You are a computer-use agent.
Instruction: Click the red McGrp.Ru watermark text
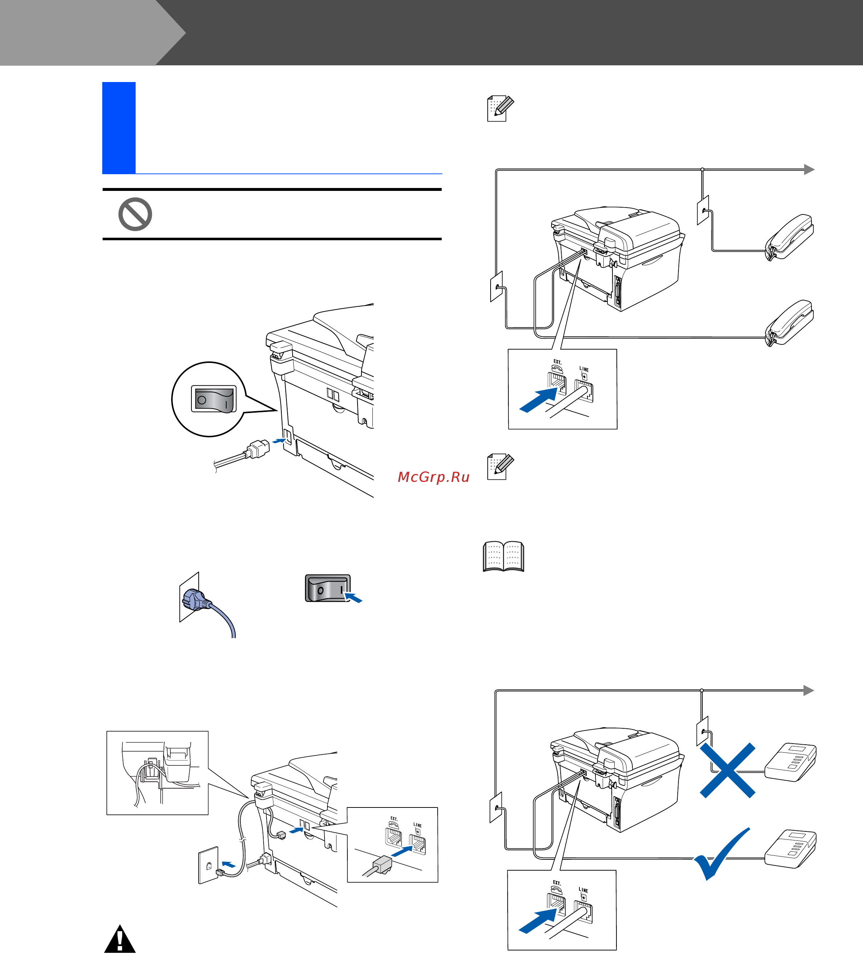[x=434, y=477]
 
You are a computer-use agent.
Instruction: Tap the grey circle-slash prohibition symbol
[x=135, y=214]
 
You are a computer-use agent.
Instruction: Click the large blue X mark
[x=727, y=770]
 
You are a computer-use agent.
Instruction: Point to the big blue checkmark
[x=721, y=853]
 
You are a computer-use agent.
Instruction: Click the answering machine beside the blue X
[x=790, y=762]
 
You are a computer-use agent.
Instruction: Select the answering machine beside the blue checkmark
[x=790, y=848]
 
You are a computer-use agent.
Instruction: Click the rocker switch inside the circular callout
[x=214, y=399]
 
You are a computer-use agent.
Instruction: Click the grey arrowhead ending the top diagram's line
[x=809, y=169]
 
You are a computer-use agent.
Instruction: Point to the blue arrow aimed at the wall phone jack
[x=228, y=864]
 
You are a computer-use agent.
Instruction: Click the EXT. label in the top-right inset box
[x=557, y=361]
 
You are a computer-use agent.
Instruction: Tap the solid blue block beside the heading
[x=119, y=128]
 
